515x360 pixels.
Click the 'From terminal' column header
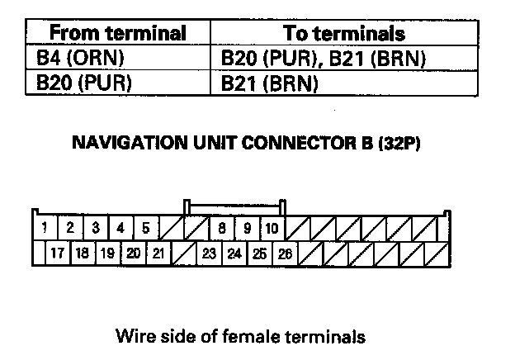pos(118,34)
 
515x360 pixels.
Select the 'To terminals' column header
pos(344,34)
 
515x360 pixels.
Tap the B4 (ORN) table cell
pos(73,59)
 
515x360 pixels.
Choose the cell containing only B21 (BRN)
pos(270,83)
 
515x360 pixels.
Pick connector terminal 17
pos(57,253)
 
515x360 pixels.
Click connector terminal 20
pos(133,253)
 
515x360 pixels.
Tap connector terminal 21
pos(158,253)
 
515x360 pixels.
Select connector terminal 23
pos(209,253)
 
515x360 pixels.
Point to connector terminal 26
pos(285,253)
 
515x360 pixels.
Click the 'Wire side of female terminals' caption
pos(240,337)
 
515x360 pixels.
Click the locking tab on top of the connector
pos(235,206)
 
